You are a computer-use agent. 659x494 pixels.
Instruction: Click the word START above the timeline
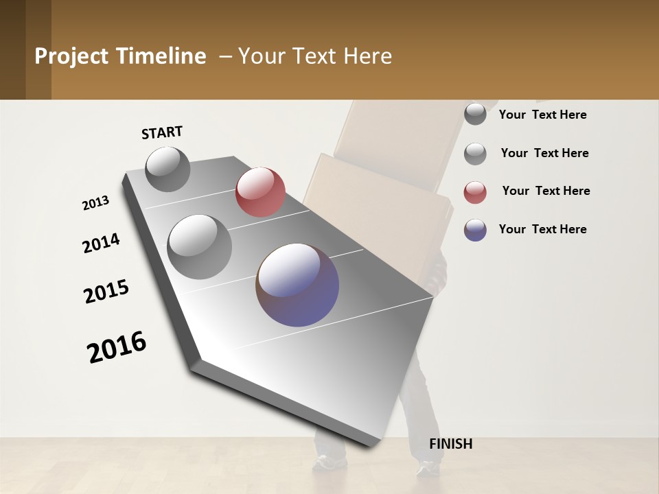pyautogui.click(x=162, y=132)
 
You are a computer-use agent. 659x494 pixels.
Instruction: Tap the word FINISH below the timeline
pyautogui.click(x=450, y=444)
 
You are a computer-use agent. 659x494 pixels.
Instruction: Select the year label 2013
pyautogui.click(x=95, y=204)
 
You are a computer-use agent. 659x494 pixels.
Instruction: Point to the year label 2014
pyautogui.click(x=101, y=244)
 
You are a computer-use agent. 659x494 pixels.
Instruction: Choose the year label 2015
pyautogui.click(x=106, y=292)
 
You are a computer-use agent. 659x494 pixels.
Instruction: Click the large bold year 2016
pyautogui.click(x=117, y=347)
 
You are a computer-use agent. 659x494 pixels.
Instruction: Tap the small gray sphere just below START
pyautogui.click(x=167, y=169)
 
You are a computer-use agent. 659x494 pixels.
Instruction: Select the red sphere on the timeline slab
pyautogui.click(x=260, y=192)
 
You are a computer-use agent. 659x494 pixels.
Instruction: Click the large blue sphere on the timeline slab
pyautogui.click(x=297, y=285)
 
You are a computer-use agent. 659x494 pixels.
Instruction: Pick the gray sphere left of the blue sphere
pyautogui.click(x=199, y=247)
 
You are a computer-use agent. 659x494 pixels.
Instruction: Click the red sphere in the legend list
pyautogui.click(x=475, y=192)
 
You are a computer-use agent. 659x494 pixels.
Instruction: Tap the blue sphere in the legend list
pyautogui.click(x=475, y=230)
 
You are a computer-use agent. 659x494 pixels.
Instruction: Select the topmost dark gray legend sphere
pyautogui.click(x=475, y=114)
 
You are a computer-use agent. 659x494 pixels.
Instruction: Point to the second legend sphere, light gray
pyautogui.click(x=475, y=154)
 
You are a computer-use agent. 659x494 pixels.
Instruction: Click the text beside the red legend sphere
pyautogui.click(x=546, y=191)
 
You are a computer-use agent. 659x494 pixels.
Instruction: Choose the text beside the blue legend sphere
pyautogui.click(x=542, y=229)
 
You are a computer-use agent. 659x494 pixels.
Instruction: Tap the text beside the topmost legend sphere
pyautogui.click(x=542, y=115)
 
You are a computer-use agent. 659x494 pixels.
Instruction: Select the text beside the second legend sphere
pyautogui.click(x=544, y=153)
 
